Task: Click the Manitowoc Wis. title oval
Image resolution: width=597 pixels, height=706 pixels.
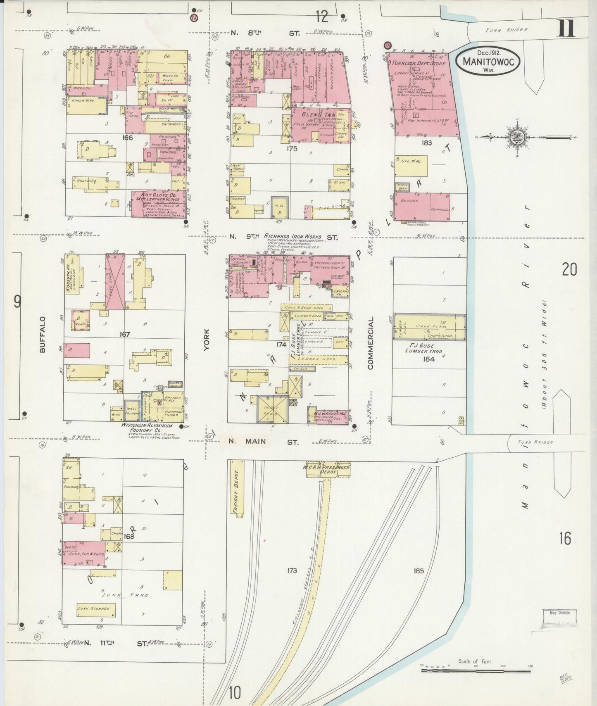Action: [488, 61]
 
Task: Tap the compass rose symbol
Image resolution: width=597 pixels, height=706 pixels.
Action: [517, 138]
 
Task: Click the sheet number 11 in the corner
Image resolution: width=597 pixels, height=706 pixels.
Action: [566, 29]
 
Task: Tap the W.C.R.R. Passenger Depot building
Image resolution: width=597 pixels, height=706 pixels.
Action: [328, 469]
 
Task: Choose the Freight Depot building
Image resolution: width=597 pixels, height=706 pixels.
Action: [237, 489]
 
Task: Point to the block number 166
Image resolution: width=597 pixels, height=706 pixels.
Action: [128, 138]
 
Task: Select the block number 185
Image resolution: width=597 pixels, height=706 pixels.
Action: [419, 571]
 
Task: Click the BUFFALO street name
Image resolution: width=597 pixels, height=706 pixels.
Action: [43, 334]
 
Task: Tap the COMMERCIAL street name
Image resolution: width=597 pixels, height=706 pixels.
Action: [371, 343]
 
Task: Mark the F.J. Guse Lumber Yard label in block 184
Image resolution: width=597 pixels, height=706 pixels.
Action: [426, 349]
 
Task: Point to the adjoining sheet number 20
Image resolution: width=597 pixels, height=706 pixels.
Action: [569, 269]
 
